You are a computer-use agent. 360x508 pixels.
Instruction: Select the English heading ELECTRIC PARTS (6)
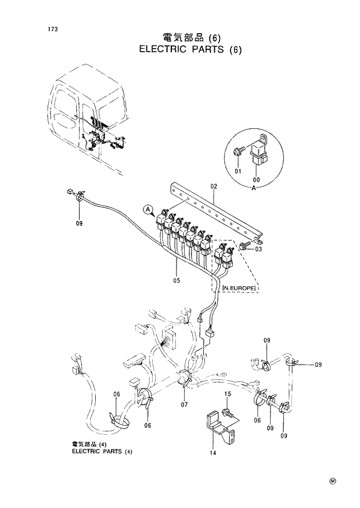(190, 49)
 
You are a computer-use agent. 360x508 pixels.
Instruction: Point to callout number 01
(237, 171)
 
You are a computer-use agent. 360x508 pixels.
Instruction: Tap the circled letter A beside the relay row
(147, 209)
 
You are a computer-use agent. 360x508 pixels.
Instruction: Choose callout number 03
(258, 249)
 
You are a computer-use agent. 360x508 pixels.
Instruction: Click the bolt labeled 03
(246, 246)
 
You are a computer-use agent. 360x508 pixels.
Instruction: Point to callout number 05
(177, 280)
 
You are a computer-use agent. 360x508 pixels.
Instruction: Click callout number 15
(228, 394)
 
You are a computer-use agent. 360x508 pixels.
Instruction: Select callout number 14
(213, 453)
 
